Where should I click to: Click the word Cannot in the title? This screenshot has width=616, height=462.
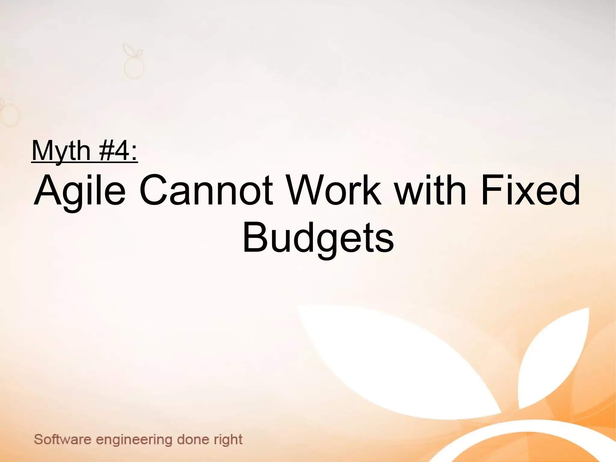point(206,191)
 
